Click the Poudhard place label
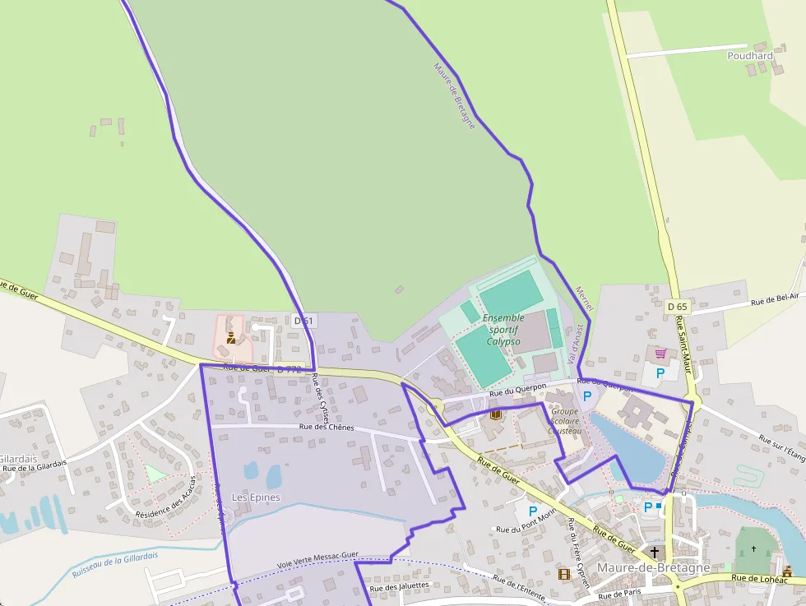click(750, 56)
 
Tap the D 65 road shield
click(677, 307)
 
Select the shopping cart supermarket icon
click(660, 354)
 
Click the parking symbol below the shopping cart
click(660, 372)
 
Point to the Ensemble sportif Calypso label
click(503, 329)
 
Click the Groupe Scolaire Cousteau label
click(566, 420)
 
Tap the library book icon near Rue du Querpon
click(495, 414)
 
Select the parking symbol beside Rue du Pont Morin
click(533, 511)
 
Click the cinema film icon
click(563, 574)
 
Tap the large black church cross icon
click(655, 552)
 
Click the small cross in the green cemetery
click(753, 548)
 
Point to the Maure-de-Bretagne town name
click(653, 568)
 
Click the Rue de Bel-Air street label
click(775, 302)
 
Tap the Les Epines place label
click(256, 497)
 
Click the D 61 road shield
click(303, 321)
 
